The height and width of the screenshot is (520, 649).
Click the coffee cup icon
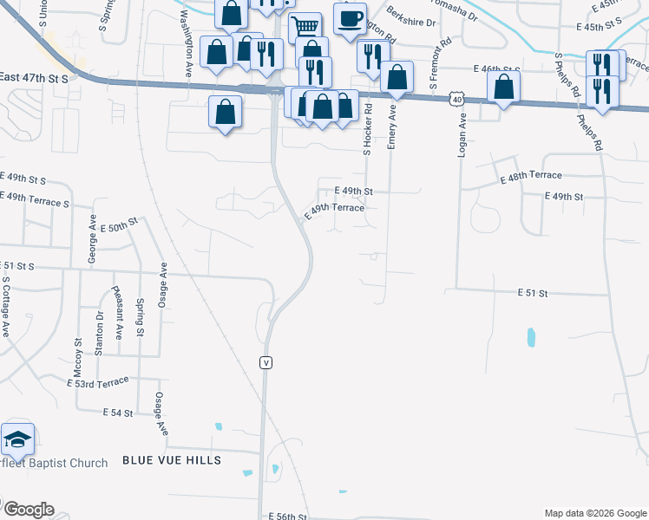pyautogui.click(x=351, y=19)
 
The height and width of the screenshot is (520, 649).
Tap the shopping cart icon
pyautogui.click(x=305, y=28)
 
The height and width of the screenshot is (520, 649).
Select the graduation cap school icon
pyautogui.click(x=17, y=441)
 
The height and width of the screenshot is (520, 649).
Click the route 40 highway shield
pyautogui.click(x=456, y=100)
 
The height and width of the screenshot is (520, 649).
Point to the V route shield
pyautogui.click(x=266, y=362)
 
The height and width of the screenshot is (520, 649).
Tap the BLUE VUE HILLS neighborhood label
pyautogui.click(x=172, y=459)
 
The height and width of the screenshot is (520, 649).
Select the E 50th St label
pyautogui.click(x=120, y=225)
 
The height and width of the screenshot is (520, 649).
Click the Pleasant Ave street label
pyautogui.click(x=120, y=313)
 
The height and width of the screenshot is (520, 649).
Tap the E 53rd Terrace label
pyautogui.click(x=97, y=381)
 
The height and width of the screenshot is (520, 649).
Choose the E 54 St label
pyautogui.click(x=121, y=413)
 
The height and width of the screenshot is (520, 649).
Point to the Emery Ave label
pyautogui.click(x=392, y=127)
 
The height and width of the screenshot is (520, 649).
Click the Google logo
pyautogui.click(x=29, y=510)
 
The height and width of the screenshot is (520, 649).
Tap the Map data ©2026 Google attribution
pyautogui.click(x=594, y=513)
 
